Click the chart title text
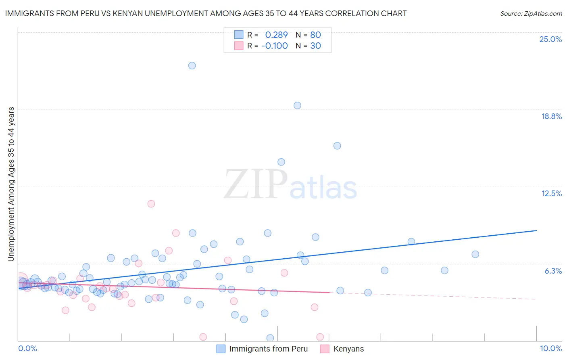(x=206, y=13)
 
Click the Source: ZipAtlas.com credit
(x=531, y=13)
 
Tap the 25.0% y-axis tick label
(x=550, y=39)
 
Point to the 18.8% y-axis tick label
(x=551, y=116)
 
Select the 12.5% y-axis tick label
(x=551, y=193)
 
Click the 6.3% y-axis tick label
(x=553, y=271)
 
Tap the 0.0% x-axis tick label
(x=27, y=348)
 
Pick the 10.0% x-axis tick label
(x=550, y=348)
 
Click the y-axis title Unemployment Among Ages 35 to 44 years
(x=11, y=184)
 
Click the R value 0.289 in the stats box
(x=276, y=35)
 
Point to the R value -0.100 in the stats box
(x=274, y=46)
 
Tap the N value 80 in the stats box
(x=315, y=35)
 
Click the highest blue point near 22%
(x=192, y=65)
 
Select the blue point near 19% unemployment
(x=297, y=105)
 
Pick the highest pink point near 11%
(x=151, y=203)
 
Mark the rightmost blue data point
(x=475, y=254)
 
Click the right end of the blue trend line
(x=536, y=230)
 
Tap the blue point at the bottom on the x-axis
(x=270, y=338)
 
